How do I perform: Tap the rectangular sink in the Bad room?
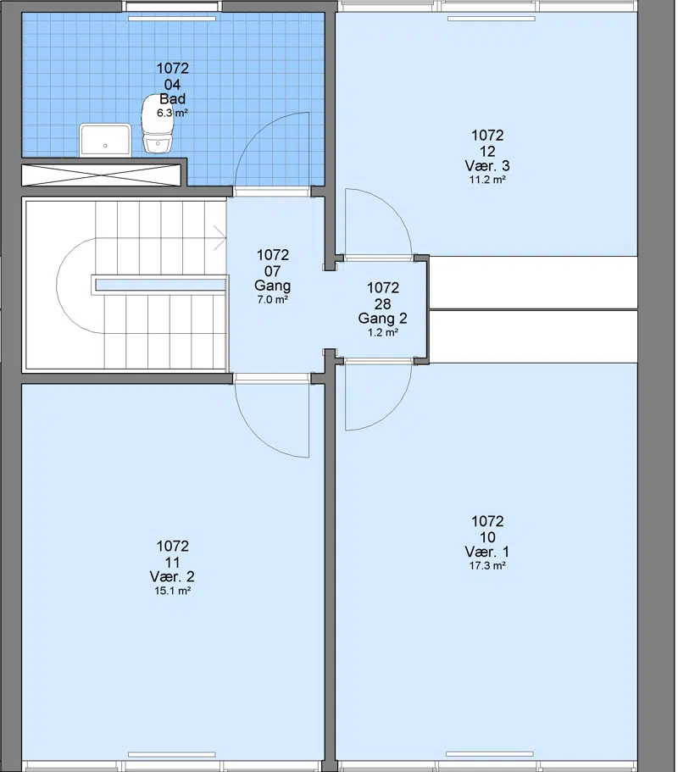coord(105,140)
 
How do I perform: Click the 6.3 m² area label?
coord(172,114)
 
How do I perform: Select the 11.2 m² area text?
coord(487,180)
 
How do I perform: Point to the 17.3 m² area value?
coord(487,566)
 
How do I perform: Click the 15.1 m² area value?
coord(172,591)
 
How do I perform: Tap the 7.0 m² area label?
coord(272,299)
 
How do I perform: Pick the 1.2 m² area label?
coord(382,332)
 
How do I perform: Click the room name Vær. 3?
coord(487,165)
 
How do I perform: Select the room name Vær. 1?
coord(487,552)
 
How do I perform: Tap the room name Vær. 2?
coord(172,576)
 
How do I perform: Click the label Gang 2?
coord(382,318)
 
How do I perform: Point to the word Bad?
coord(172,99)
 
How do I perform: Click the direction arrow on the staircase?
coord(220,239)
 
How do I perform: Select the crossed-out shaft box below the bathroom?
coord(102,175)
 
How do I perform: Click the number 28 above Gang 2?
coord(382,303)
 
